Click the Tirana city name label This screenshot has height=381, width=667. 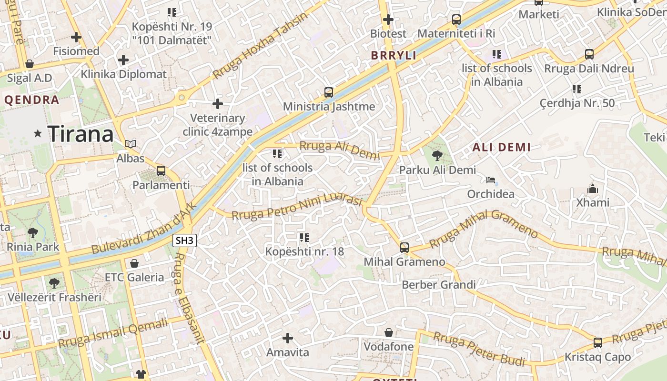[81, 134]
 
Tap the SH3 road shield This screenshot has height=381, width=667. [184, 241]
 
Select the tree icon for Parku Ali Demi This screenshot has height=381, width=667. [437, 155]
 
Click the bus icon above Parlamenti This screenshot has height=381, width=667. [161, 171]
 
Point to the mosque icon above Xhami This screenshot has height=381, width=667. [593, 189]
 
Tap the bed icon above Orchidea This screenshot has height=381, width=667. [491, 180]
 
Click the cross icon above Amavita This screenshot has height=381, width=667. [287, 338]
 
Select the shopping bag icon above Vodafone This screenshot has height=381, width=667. [389, 332]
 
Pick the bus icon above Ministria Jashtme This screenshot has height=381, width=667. [329, 92]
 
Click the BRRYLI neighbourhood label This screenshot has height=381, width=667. [394, 55]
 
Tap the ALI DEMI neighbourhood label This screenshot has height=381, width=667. [501, 147]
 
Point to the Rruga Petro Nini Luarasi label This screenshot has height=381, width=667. [297, 207]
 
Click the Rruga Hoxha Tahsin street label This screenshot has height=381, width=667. [260, 46]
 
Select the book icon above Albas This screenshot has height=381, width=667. [131, 144]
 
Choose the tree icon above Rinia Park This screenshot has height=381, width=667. [33, 233]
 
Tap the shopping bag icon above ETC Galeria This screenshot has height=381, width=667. [134, 263]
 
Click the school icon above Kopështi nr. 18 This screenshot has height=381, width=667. [304, 237]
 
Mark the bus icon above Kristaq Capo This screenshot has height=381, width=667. [597, 342]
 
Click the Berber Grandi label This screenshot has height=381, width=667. [439, 285]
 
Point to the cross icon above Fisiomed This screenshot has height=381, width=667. [76, 37]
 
